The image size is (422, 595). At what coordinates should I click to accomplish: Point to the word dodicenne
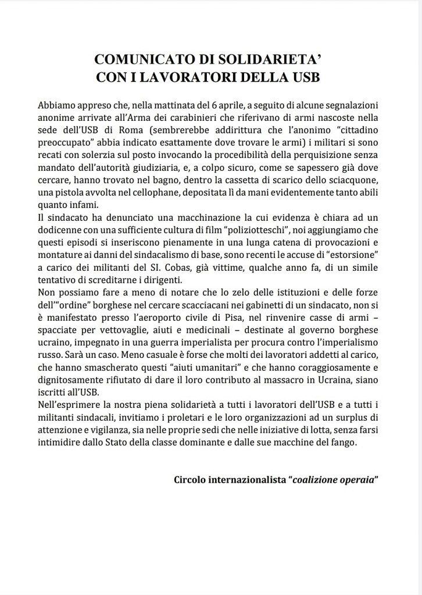[x=60, y=229]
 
